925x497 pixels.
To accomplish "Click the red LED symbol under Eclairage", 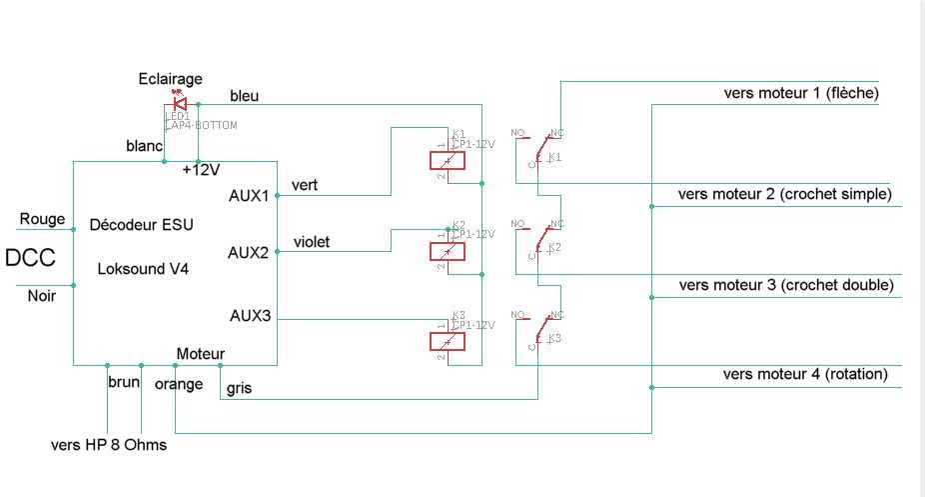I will [x=180, y=102].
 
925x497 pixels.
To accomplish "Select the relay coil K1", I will [x=447, y=160].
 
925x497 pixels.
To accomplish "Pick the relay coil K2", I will [x=447, y=251].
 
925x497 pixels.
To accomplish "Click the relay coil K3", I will [x=447, y=342].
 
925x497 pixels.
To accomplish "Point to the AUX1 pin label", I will [x=249, y=195].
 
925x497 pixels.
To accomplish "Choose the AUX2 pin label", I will [x=249, y=252].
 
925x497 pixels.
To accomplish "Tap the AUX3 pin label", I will [x=249, y=318].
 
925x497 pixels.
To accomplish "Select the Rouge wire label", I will [x=42, y=219].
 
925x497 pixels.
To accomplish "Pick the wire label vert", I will [x=306, y=185].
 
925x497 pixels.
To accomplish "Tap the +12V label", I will [x=201, y=170].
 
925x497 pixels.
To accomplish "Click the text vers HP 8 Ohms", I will [x=109, y=444].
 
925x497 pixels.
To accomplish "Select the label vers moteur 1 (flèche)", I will [x=800, y=93].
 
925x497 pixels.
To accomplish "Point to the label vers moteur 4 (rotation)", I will [x=805, y=374].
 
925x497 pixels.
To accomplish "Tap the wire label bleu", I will [x=245, y=95].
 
